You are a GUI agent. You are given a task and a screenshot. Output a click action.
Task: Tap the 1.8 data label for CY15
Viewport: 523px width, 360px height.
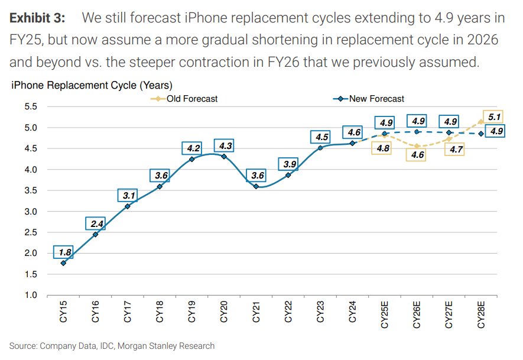click(x=64, y=252)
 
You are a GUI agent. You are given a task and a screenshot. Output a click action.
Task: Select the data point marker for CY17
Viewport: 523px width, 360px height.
click(x=128, y=206)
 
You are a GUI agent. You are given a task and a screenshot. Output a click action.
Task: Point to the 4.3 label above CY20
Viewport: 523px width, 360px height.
click(x=225, y=145)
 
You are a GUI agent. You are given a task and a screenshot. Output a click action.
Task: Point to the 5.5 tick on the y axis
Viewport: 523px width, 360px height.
click(x=31, y=106)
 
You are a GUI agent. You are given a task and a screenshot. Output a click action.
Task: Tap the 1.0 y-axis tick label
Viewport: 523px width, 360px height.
click(x=31, y=296)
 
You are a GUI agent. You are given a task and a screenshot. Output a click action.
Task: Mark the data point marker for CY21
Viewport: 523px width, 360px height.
click(x=256, y=186)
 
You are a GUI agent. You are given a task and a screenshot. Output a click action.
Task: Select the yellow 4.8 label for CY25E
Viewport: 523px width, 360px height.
click(x=382, y=148)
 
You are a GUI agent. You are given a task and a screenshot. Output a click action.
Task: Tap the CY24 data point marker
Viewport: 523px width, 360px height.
click(x=352, y=143)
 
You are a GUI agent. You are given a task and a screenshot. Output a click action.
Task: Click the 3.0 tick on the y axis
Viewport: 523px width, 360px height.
click(x=31, y=212)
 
